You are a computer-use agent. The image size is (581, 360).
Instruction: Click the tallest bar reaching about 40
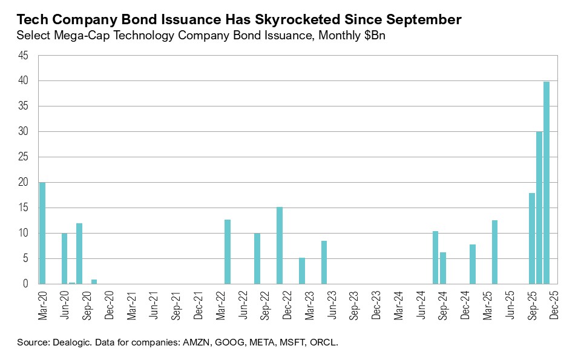547,183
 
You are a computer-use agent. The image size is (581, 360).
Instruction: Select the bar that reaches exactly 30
539,208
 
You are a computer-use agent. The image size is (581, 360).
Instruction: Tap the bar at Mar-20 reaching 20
42,233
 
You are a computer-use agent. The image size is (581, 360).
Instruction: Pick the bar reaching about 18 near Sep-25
532,238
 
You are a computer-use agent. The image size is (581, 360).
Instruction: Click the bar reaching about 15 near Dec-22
280,245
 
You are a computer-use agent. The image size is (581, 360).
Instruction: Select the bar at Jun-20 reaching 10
64,258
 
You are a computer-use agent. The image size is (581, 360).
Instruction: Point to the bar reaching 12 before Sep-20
79,254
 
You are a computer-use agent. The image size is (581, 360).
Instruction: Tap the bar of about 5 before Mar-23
302,270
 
